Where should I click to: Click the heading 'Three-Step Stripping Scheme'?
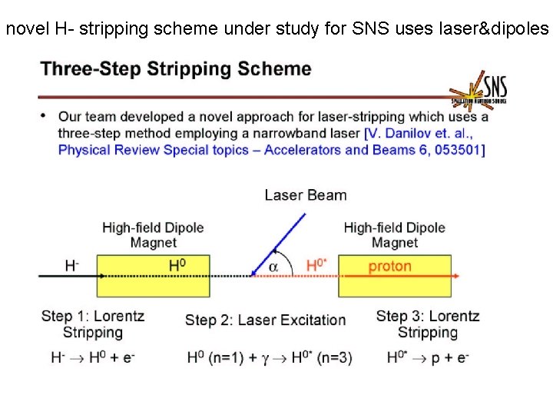176,69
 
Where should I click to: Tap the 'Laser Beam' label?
305,194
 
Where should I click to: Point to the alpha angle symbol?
273,266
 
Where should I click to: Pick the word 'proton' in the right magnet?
389,267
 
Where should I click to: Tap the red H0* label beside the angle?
316,266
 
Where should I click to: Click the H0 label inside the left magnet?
177,266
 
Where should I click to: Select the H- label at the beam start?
71,266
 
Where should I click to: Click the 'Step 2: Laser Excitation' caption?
265,320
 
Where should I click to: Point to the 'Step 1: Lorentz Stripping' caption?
92,324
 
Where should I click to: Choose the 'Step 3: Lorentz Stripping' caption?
427,324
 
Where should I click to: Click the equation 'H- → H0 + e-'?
92,357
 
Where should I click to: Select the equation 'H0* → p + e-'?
427,357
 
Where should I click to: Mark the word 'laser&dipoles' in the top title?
501,30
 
